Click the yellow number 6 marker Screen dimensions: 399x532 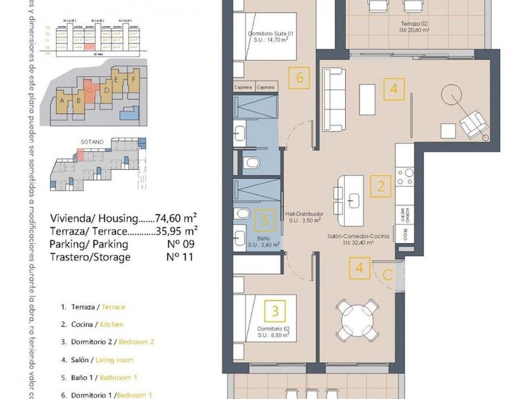click(300, 77)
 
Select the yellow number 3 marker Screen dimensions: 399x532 click(275, 310)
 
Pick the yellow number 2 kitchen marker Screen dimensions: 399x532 click(380, 186)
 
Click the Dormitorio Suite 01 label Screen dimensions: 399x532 click(272, 37)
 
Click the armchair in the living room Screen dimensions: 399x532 click(475, 125)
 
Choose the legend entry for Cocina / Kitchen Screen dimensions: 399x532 click(92, 324)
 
